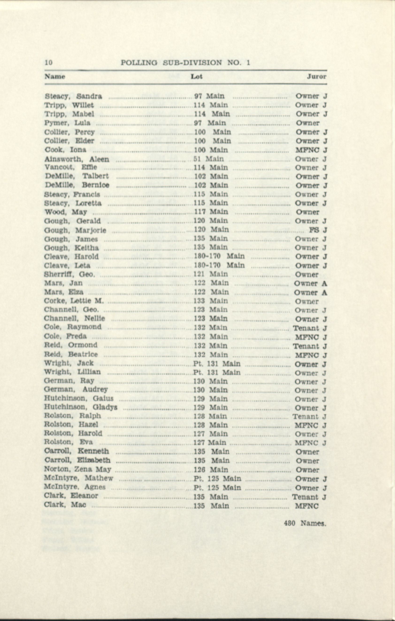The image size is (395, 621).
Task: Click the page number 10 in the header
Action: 49,63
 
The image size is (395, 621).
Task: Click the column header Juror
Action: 316,77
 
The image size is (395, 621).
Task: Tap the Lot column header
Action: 196,77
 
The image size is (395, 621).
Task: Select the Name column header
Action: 55,77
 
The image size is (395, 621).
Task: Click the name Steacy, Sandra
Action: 73,97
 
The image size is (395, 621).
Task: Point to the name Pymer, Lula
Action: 67,123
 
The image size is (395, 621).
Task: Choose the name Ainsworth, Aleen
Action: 77,159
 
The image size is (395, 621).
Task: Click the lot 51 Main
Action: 208,159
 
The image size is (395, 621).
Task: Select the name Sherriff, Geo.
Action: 69,274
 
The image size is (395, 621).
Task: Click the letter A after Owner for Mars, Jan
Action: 324,283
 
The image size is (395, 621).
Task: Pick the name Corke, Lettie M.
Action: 74,301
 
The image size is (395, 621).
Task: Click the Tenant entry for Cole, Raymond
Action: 306,328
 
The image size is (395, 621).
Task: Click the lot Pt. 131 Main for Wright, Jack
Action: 217,364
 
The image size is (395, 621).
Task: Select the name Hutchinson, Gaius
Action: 79,398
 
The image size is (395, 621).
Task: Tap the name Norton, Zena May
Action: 77,469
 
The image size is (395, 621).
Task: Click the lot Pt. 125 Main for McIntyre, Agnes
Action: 217,488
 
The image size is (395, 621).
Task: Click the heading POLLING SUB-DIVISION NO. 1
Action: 185,63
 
